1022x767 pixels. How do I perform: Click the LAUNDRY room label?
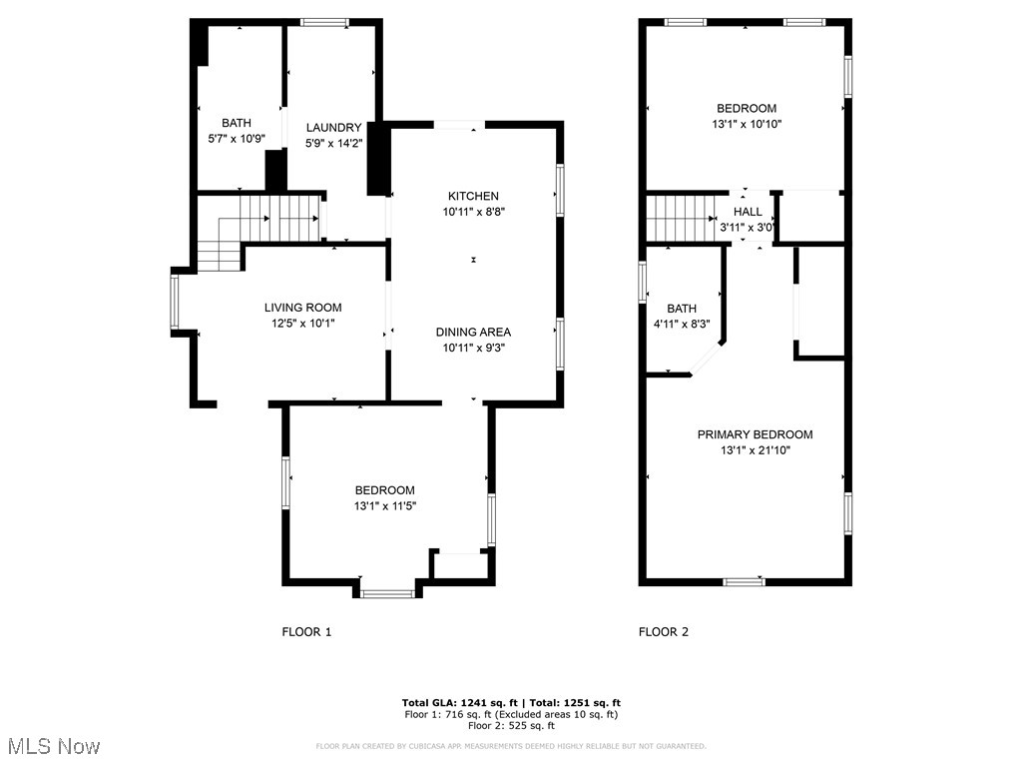coord(333,127)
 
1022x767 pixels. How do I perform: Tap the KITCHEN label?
coord(473,196)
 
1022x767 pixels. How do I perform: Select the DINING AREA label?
coord(473,332)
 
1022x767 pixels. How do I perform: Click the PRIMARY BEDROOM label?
coord(755,434)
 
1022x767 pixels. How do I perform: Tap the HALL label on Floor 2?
coord(748,212)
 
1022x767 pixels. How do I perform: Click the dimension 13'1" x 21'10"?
coord(755,450)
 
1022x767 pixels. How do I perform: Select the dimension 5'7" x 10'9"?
coord(237,140)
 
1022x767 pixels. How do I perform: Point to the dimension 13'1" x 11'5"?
coord(385,506)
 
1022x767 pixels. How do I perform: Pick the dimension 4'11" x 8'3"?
coord(682,324)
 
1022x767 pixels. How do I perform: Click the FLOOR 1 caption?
coord(306,631)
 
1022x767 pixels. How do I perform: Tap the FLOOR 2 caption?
coord(664,631)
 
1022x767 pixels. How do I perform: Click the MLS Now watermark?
coord(53,746)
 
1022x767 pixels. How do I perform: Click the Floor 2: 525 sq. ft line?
coord(511,726)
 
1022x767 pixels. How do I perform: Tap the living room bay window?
coord(175,303)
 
